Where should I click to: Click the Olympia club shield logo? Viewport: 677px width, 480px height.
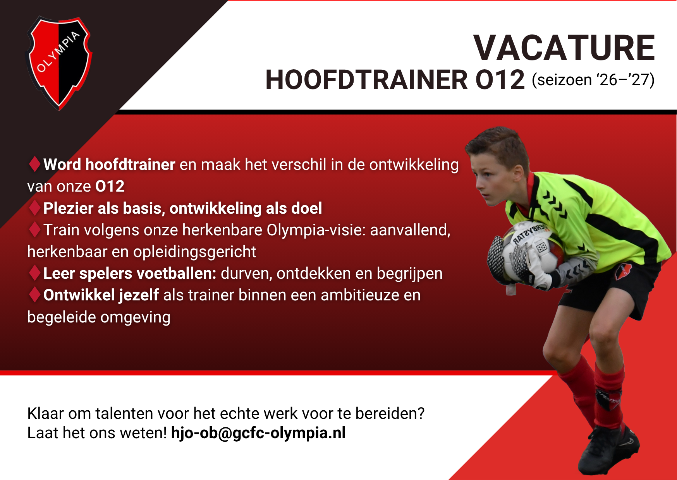[59, 62]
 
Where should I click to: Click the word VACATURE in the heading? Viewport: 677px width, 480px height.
[564, 48]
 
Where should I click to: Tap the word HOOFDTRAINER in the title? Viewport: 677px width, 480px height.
[366, 80]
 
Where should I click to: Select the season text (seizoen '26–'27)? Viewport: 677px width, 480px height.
[593, 80]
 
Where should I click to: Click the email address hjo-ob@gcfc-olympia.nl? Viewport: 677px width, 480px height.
[258, 433]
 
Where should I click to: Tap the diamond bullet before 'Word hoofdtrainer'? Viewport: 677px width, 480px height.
[34, 164]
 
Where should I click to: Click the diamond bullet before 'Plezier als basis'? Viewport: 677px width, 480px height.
[34, 208]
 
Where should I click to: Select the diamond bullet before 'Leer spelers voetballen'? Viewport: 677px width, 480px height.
[34, 273]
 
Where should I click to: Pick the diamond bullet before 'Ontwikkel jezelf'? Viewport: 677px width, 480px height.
[34, 295]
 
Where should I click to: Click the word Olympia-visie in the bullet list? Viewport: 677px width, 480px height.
[316, 230]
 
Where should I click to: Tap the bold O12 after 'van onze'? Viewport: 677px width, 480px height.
[110, 186]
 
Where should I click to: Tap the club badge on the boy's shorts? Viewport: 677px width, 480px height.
[623, 271]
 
